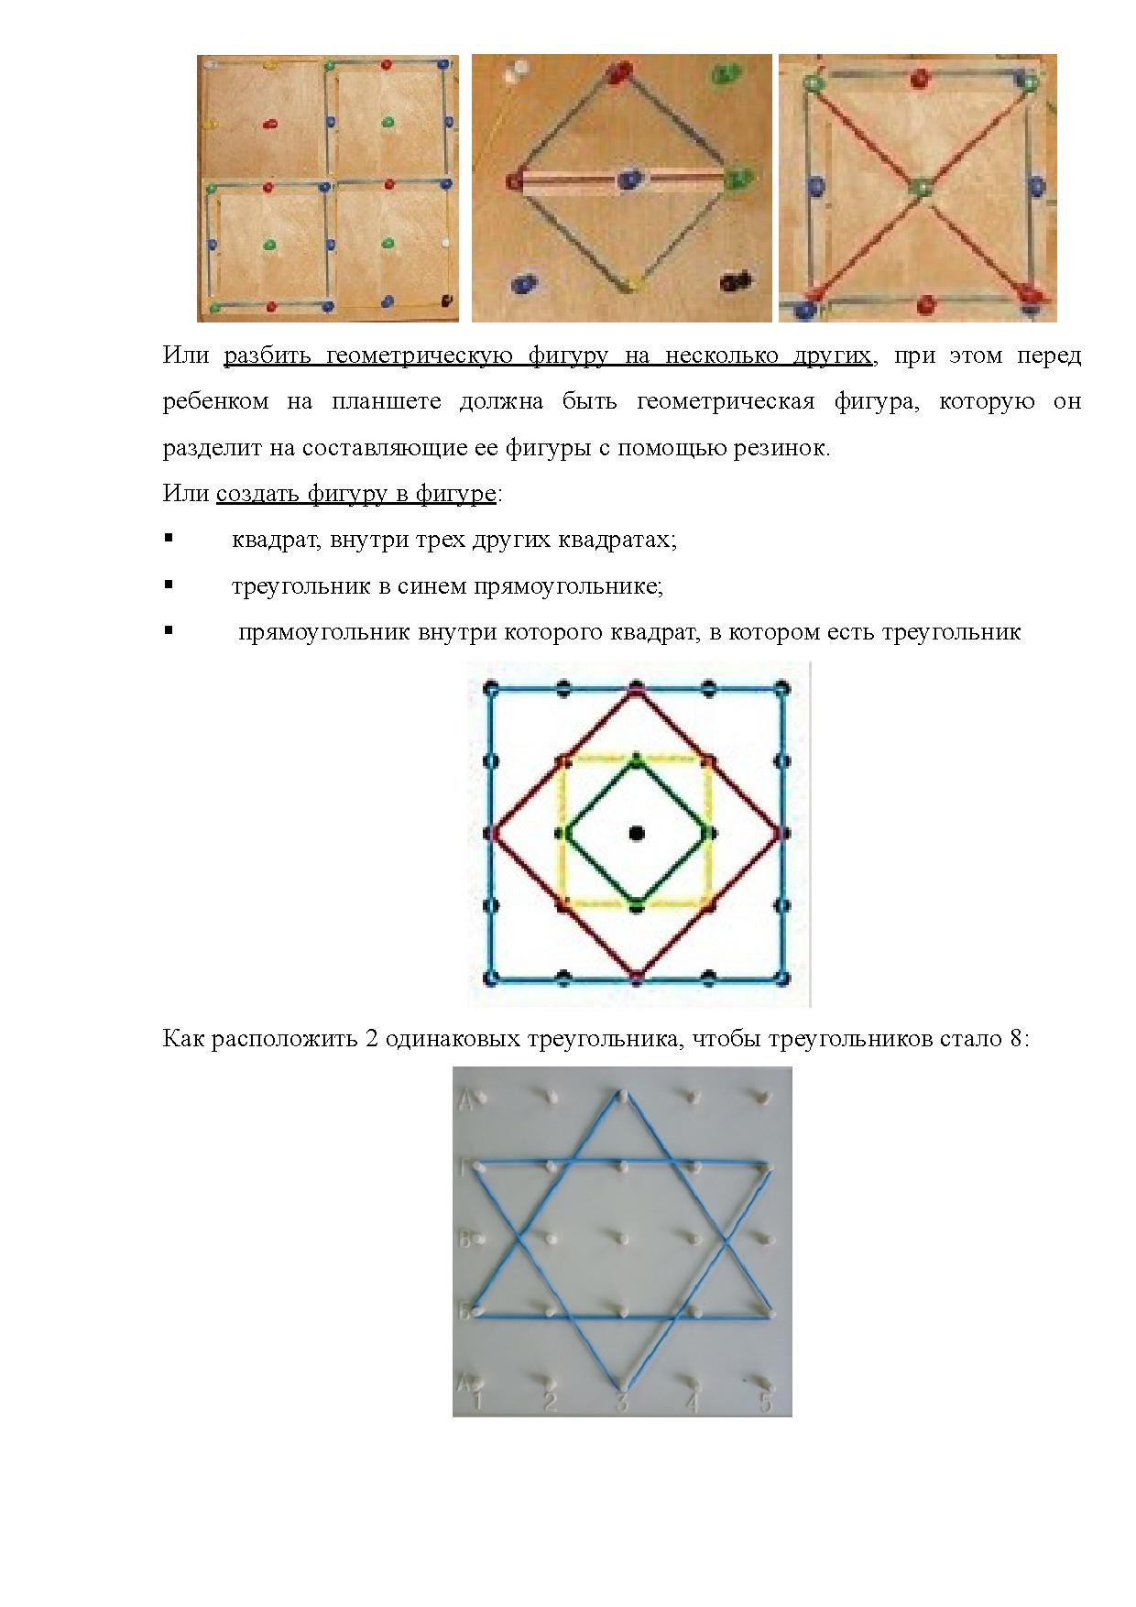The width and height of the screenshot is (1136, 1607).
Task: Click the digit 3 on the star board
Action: tap(621, 1403)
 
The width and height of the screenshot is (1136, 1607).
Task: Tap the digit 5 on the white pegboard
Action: tap(765, 1403)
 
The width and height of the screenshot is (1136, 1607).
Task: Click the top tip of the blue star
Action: tap(622, 1094)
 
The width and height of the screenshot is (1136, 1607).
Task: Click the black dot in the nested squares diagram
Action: tap(637, 833)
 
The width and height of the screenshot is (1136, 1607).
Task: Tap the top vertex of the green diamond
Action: tap(637, 759)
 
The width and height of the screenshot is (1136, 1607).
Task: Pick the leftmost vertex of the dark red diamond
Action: tap(493, 833)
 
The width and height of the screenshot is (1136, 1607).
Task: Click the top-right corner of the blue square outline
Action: tap(781, 688)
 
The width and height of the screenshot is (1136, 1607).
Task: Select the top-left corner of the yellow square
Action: tap(563, 760)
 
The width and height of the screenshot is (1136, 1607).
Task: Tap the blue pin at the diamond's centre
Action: tap(628, 180)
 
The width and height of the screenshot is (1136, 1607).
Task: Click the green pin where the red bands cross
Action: tap(919, 188)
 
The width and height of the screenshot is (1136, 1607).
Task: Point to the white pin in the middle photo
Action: tap(519, 71)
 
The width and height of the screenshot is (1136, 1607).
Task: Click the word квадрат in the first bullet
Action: tap(273, 540)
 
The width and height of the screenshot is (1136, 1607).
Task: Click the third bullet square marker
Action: tap(169, 630)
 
